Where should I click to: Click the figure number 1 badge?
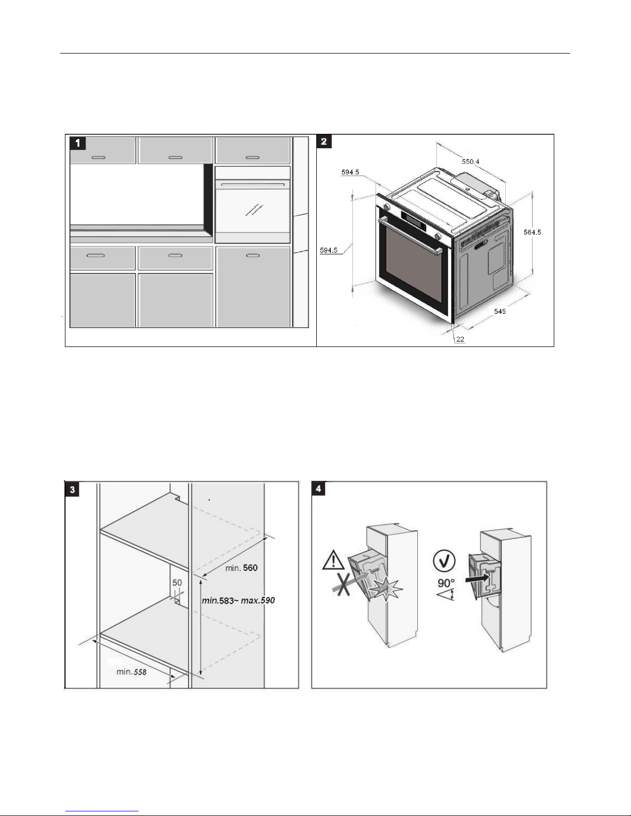click(x=78, y=143)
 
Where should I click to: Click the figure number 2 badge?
click(x=323, y=141)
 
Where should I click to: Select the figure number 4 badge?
click(x=319, y=488)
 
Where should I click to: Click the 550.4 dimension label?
click(x=470, y=162)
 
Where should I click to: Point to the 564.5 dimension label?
click(x=532, y=232)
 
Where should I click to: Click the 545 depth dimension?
click(x=500, y=311)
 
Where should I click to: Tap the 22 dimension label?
click(x=460, y=339)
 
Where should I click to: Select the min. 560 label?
click(x=241, y=568)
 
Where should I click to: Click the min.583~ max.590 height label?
click(x=238, y=600)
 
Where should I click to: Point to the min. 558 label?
click(x=131, y=671)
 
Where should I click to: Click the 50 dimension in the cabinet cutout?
click(x=177, y=583)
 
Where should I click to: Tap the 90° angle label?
click(x=446, y=584)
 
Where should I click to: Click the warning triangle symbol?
click(x=333, y=560)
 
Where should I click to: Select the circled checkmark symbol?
click(x=444, y=561)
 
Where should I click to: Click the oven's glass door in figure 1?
click(x=252, y=211)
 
